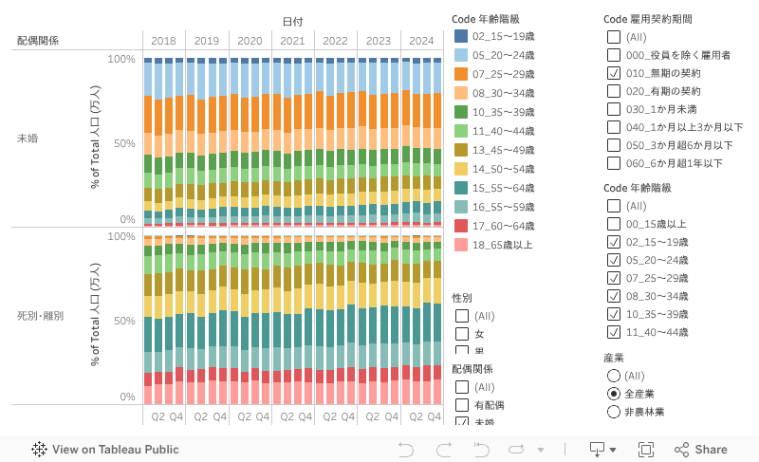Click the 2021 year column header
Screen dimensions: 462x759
coord(292,41)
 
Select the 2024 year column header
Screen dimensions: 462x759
coord(420,41)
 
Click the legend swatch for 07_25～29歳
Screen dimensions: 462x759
coord(461,74)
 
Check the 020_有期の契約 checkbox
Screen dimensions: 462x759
coord(613,91)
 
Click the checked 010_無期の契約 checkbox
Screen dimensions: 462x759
coord(613,73)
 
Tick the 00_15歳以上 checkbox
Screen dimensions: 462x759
coord(613,224)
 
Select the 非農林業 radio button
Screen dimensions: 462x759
coord(613,412)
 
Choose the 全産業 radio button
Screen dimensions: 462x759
coord(613,394)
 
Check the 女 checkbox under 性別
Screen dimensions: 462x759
coord(461,334)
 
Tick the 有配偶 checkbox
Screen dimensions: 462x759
coord(461,405)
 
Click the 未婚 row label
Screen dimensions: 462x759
coord(28,139)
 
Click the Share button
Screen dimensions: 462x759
coord(701,450)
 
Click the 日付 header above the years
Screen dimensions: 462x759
coord(292,21)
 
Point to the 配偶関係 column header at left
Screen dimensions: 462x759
coord(38,41)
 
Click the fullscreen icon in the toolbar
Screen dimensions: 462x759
coord(646,450)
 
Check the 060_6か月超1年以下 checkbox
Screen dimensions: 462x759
coord(613,163)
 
